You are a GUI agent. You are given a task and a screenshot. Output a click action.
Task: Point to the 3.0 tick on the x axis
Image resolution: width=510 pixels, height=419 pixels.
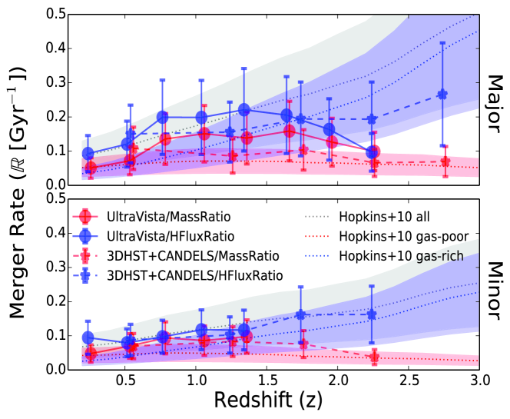(479, 381)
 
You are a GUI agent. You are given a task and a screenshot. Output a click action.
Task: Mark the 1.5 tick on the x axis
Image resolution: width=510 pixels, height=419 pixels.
(267, 381)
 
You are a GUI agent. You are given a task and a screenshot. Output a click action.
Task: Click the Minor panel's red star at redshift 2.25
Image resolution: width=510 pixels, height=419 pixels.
(375, 357)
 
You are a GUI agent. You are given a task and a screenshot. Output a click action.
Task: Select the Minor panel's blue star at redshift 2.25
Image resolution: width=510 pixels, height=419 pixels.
(372, 314)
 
